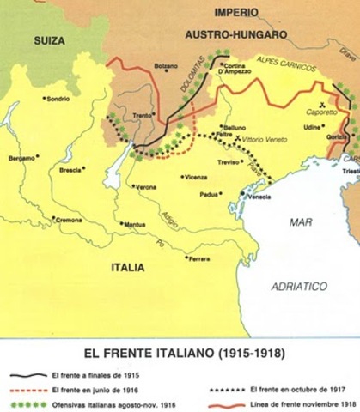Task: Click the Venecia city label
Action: [x=259, y=197]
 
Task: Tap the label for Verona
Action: [x=147, y=186]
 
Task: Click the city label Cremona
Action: [x=69, y=220]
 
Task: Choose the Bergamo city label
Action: [x=22, y=158]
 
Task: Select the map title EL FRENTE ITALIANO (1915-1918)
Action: [x=180, y=351]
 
